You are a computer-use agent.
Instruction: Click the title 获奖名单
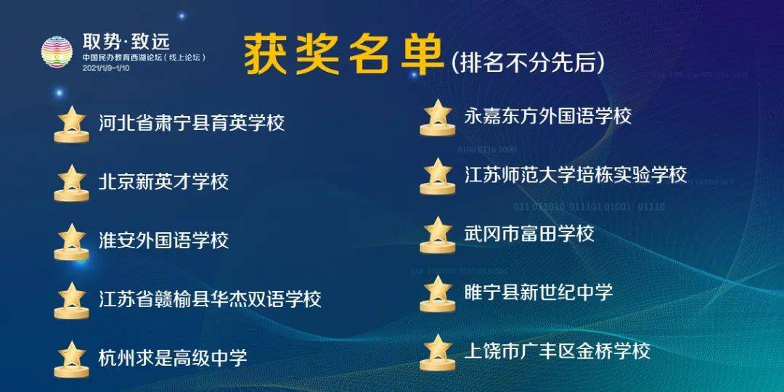344,54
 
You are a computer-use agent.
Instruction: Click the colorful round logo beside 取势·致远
57,52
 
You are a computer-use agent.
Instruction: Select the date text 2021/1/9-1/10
106,68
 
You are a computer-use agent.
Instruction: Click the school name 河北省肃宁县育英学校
192,123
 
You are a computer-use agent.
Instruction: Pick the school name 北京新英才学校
163,181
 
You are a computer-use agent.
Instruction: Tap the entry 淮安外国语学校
163,240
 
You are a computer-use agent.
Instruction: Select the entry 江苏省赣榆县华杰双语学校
210,299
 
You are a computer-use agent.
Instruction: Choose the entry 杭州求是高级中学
173,357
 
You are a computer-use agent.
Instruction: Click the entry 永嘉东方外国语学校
548,116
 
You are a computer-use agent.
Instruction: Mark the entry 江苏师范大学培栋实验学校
576,174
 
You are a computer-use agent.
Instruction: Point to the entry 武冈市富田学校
529,234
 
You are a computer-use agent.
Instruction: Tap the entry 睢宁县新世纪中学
539,292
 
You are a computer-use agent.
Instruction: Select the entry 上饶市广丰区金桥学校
558,351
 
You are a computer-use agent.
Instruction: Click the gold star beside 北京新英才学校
71,182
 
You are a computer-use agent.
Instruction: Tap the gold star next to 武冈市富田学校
438,234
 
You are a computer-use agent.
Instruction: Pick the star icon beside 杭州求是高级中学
71,359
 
